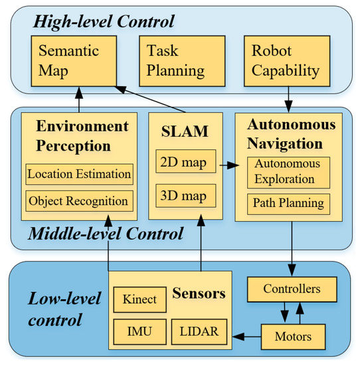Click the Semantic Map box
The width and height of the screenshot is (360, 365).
point(74,60)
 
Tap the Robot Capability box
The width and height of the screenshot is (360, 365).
point(285,60)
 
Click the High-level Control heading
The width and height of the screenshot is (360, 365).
point(104,21)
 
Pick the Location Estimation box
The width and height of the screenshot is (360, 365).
point(80,175)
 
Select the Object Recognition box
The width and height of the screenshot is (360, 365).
point(80,200)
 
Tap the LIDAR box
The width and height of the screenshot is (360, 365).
point(199,330)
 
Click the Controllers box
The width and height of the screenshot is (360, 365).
point(292,289)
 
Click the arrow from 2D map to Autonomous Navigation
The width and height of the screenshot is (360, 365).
point(225,163)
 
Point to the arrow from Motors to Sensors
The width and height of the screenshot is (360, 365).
point(245,336)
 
